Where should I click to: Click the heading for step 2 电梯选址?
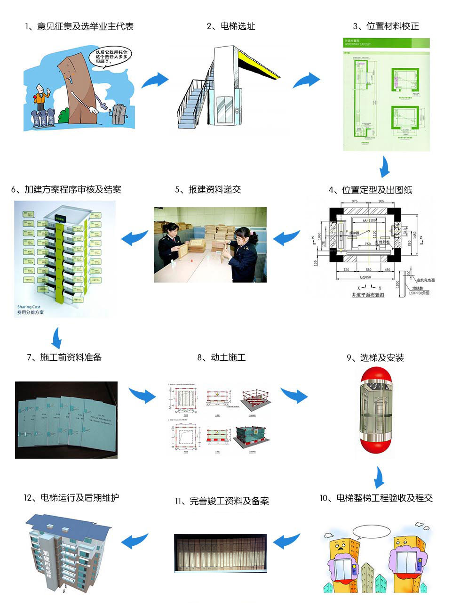pos(231,26)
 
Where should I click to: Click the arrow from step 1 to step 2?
pos(155,80)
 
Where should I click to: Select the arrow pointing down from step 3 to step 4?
pos(385,166)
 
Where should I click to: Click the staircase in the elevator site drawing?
pos(193,104)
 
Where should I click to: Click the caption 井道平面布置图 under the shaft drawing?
pos(368,295)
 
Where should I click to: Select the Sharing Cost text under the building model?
pos(29,307)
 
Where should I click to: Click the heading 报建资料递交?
pos(208,189)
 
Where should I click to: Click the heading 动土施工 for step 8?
pos(222,357)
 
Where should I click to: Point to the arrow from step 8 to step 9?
pos(294,396)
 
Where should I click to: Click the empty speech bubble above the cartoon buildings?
pos(372,533)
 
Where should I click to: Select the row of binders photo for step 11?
pos(220,553)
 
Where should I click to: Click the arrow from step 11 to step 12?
pos(135,541)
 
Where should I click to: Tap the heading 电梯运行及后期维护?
pos(71,498)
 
